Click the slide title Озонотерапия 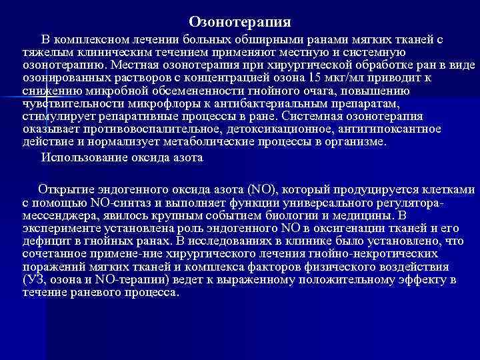(x=239, y=22)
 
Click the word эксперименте (x=58, y=227)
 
